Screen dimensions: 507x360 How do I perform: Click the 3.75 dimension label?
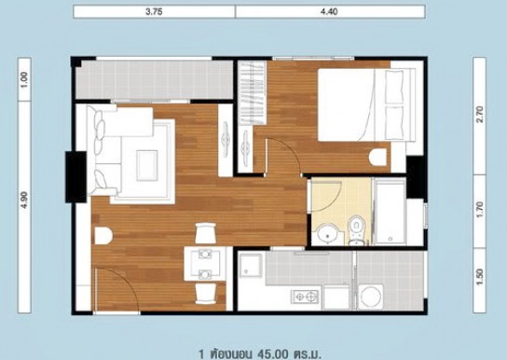click(154, 12)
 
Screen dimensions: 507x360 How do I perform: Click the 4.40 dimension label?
click(330, 12)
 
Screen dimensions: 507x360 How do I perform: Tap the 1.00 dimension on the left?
click(24, 79)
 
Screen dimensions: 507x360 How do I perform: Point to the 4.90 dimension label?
click(24, 201)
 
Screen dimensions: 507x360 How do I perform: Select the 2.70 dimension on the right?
click(480, 114)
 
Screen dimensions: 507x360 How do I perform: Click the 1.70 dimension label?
click(480, 210)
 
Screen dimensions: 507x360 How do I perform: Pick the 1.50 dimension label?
click(480, 277)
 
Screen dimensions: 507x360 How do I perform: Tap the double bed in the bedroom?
click(366, 104)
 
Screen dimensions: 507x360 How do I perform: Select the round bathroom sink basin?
click(328, 234)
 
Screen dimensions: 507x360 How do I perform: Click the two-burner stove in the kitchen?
click(306, 297)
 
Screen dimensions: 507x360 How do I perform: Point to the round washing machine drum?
click(371, 297)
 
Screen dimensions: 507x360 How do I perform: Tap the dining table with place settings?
click(205, 264)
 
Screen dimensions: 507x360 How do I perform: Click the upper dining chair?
click(205, 233)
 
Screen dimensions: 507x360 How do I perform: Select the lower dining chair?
click(205, 294)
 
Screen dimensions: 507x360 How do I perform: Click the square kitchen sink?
click(251, 266)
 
